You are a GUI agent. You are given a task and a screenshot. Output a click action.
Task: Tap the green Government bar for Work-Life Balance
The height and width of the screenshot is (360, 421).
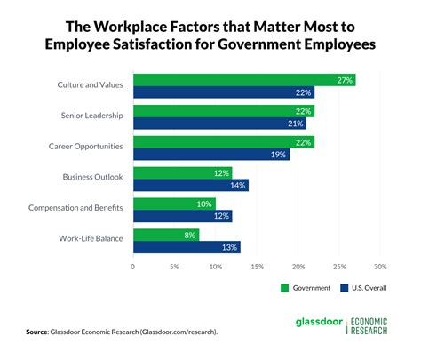[166, 236]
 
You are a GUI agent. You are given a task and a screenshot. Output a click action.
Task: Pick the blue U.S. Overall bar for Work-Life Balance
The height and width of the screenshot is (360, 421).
[187, 248]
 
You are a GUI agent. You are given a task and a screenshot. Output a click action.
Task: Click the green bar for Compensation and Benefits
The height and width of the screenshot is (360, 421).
[174, 204]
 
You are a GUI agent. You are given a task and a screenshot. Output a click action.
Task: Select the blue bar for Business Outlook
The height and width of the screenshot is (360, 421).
[191, 186]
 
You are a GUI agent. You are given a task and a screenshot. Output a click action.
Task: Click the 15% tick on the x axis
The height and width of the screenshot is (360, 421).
[257, 265]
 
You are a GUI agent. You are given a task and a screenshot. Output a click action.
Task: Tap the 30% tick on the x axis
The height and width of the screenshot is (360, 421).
[380, 265]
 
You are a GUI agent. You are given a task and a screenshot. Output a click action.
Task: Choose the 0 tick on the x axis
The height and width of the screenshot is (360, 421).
[133, 265]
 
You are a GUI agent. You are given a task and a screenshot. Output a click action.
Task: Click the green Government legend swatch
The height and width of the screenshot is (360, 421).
[286, 287]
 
